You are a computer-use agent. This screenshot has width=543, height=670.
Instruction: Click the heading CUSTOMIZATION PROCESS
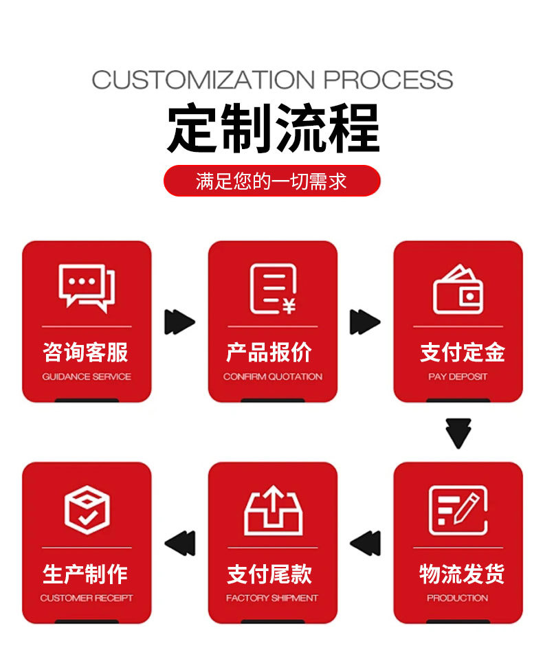(272, 79)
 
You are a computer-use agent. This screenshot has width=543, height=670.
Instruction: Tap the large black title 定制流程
(272, 129)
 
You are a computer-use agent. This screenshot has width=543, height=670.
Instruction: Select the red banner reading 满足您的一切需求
(272, 181)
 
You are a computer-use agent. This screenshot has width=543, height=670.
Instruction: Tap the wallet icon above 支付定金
(458, 289)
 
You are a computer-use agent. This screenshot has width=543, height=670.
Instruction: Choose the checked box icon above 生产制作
(87, 509)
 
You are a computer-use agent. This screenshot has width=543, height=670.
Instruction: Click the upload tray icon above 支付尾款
(273, 510)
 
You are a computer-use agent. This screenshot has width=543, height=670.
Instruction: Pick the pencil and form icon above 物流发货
(458, 510)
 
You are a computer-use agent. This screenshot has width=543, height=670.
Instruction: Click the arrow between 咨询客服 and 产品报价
(179, 322)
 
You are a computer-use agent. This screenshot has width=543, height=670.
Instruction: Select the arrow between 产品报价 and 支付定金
(365, 322)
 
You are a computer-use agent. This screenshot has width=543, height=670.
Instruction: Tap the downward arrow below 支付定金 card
(458, 433)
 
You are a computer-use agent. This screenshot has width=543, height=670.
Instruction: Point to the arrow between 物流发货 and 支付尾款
(365, 543)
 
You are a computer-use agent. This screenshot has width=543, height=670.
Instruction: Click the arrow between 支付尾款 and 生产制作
(179, 543)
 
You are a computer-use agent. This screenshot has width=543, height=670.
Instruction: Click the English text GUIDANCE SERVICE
(87, 377)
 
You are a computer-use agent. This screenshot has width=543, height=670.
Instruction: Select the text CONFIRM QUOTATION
(272, 377)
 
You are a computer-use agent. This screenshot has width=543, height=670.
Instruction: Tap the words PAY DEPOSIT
(458, 377)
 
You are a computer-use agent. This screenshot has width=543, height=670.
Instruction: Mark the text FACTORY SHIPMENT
(272, 598)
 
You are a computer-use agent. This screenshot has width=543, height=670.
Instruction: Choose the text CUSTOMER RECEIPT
(87, 598)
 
